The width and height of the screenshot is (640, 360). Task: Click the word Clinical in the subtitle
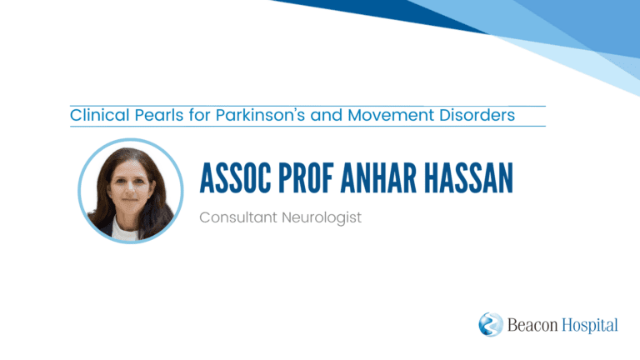point(100,115)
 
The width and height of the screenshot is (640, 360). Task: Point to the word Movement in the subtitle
point(391,115)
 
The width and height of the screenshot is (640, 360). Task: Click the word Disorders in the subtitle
point(477,115)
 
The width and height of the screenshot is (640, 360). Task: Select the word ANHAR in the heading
point(378,178)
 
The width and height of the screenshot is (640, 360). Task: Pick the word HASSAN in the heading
point(468,178)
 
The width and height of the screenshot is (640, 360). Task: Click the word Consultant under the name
point(238,217)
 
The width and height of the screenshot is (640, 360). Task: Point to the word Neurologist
point(322,218)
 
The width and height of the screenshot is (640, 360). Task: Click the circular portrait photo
point(131,191)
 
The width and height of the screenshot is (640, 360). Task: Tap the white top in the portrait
point(123,231)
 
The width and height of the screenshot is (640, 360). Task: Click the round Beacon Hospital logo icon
point(491,324)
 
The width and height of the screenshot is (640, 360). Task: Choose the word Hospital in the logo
point(590,326)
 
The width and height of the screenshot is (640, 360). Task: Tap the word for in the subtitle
point(199,115)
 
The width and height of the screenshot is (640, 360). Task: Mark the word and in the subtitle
point(326,115)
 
